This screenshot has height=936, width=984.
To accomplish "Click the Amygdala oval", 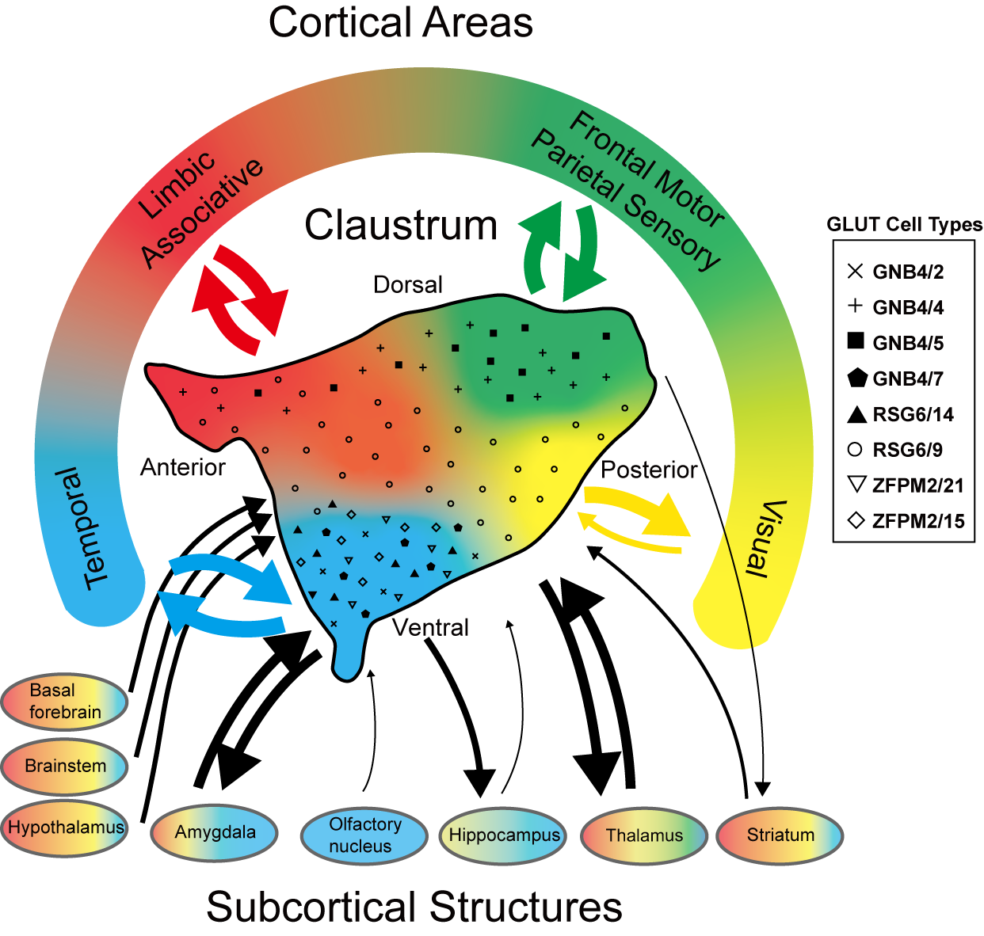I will click(215, 832).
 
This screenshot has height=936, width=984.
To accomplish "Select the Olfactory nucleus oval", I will click(364, 835).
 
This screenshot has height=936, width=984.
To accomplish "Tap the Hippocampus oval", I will click(503, 835).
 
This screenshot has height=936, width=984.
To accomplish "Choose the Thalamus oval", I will click(643, 835).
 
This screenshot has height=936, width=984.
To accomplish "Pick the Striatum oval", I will click(780, 835).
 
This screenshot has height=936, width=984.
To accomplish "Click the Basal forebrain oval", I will click(64, 702).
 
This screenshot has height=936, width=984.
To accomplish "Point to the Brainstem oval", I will click(64, 766).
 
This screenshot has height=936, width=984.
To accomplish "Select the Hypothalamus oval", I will click(65, 828).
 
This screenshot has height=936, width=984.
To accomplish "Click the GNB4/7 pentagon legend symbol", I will click(856, 379).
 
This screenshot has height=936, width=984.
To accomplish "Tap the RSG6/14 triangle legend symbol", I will click(856, 414).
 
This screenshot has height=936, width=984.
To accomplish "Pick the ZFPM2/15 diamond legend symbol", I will click(856, 521).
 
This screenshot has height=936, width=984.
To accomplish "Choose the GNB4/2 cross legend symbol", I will click(856, 272).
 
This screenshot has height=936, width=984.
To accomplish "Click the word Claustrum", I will click(401, 225).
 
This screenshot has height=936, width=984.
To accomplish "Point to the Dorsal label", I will click(408, 284).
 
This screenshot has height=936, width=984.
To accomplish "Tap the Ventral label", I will click(431, 628).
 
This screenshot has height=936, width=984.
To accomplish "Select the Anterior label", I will click(183, 467).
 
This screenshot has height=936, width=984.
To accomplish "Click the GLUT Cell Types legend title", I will click(904, 225).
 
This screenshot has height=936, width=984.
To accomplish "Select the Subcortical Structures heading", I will click(414, 907).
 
